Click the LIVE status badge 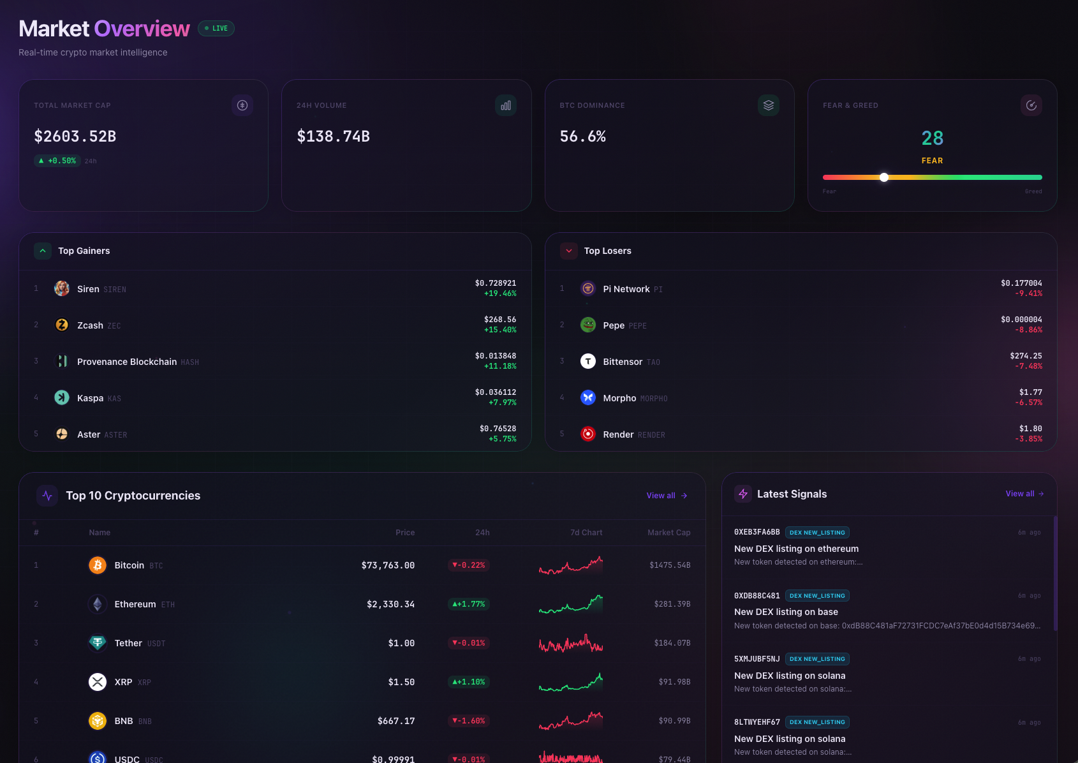point(216,29)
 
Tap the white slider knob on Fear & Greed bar point(884,177)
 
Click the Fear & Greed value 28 point(932,138)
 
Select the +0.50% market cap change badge point(57,161)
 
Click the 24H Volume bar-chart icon point(506,105)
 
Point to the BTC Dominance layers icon point(768,105)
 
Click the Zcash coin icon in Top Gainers point(62,325)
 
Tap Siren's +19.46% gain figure point(500,294)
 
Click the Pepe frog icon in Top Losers point(588,325)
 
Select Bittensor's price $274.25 point(1026,356)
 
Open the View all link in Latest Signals point(1024,494)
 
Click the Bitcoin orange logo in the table point(98,565)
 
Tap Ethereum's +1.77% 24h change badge point(469,604)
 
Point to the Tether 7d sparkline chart point(571,643)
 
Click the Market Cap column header point(668,533)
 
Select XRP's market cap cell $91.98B point(674,682)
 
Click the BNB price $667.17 point(396,721)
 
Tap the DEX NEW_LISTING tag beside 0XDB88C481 point(817,596)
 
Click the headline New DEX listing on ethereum point(796,549)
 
